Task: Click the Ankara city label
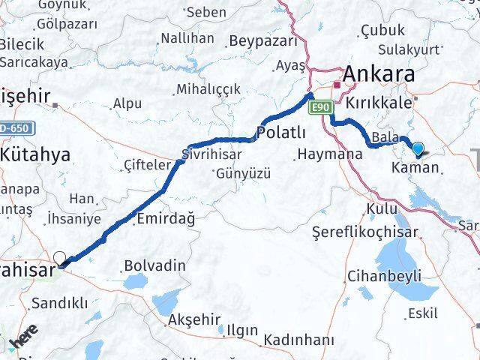pos(379,74)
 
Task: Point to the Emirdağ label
pos(166,219)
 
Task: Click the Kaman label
pos(415,168)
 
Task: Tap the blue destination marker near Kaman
pos(418,149)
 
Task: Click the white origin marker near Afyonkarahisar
pos(59,258)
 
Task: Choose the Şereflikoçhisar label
pos(353,232)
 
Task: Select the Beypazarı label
pos(263,40)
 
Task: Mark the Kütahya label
pos(35,155)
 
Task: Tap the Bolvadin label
pos(154,265)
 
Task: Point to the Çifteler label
pos(145,165)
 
